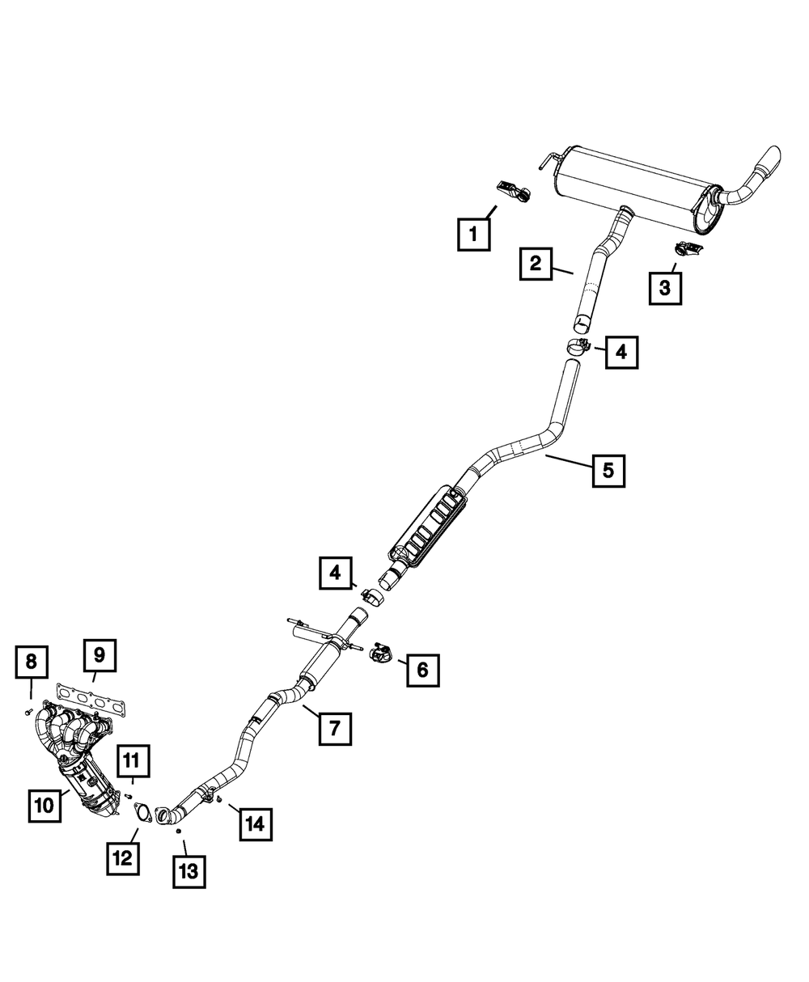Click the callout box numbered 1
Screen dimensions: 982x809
(472, 236)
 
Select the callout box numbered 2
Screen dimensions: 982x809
(536, 264)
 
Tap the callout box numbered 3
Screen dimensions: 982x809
(664, 287)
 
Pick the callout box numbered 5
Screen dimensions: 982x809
(608, 469)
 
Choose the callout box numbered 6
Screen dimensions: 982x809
(423, 669)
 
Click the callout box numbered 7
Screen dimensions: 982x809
(334, 728)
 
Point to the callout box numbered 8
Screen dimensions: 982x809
(32, 661)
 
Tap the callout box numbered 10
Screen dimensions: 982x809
(44, 805)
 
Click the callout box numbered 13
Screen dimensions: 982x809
(188, 872)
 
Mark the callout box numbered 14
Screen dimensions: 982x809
(255, 824)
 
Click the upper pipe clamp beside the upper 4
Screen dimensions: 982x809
(577, 348)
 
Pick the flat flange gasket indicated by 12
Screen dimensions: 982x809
(142, 811)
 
